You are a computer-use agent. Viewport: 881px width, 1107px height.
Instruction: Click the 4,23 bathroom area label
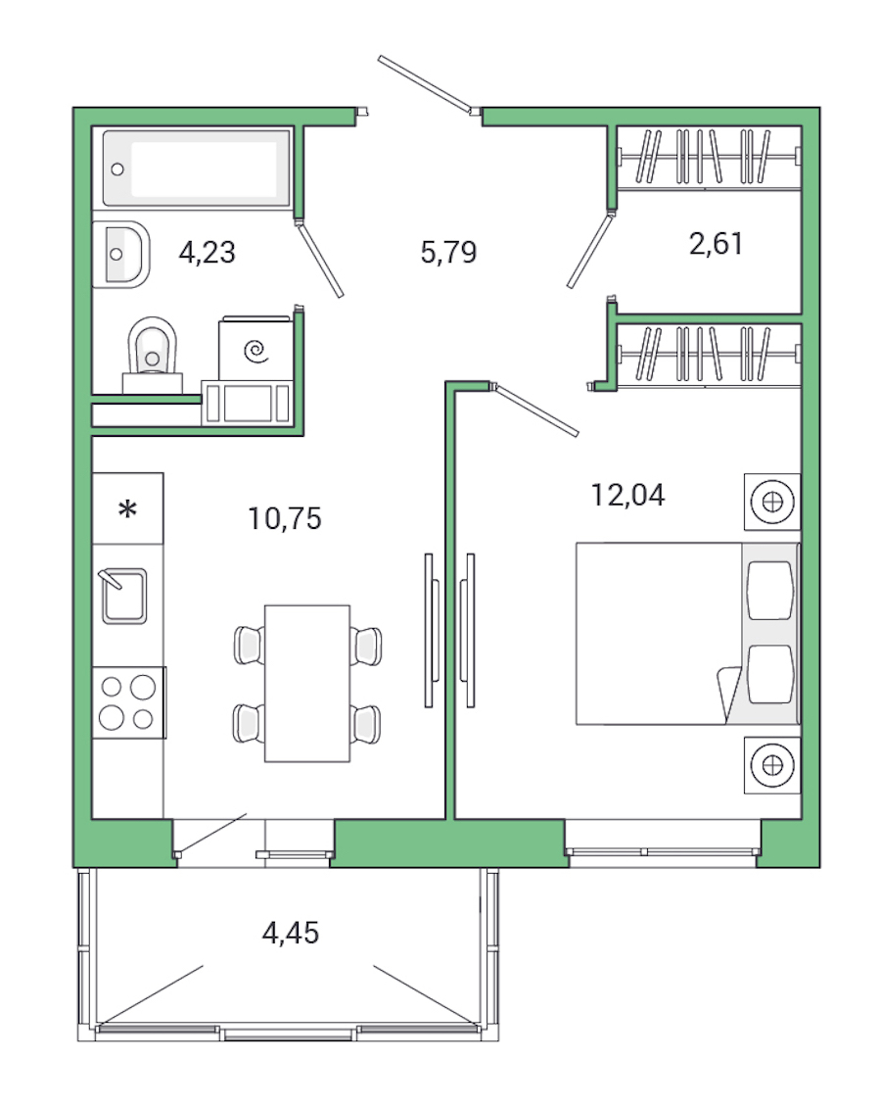208,253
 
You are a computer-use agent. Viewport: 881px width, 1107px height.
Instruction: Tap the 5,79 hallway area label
447,253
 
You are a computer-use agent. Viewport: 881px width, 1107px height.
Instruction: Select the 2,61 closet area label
716,243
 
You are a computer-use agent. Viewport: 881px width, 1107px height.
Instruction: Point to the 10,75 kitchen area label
284,517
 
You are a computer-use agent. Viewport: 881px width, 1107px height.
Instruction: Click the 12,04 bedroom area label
627,495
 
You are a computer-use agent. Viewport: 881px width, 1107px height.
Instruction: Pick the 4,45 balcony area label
290,933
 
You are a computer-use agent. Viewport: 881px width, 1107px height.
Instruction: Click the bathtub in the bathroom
197,168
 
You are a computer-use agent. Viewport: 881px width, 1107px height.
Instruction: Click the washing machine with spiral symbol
255,349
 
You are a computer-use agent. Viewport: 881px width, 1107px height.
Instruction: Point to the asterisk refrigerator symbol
127,510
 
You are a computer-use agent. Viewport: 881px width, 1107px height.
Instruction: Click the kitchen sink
124,596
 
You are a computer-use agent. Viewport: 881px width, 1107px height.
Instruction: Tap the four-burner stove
128,702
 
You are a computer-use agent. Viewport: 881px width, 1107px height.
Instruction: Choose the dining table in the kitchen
307,683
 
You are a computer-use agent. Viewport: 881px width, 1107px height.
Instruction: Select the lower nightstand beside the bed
773,763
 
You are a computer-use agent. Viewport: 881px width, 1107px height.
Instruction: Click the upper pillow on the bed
769,590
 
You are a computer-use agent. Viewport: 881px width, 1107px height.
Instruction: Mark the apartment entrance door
427,84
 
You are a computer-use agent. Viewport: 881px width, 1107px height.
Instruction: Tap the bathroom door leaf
320,261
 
